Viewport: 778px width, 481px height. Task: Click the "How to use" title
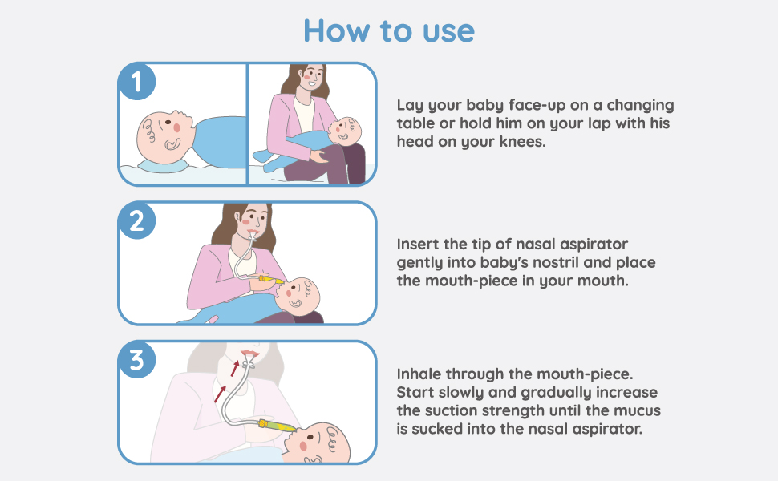389,30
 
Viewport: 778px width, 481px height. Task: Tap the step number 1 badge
136,81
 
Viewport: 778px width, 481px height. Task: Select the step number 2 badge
136,220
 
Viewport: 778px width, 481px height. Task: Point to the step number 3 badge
136,360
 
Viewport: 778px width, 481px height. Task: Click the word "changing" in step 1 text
641,106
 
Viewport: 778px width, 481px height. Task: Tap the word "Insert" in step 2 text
418,244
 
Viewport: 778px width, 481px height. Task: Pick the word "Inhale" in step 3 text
419,375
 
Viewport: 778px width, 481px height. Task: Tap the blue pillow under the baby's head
164,164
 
